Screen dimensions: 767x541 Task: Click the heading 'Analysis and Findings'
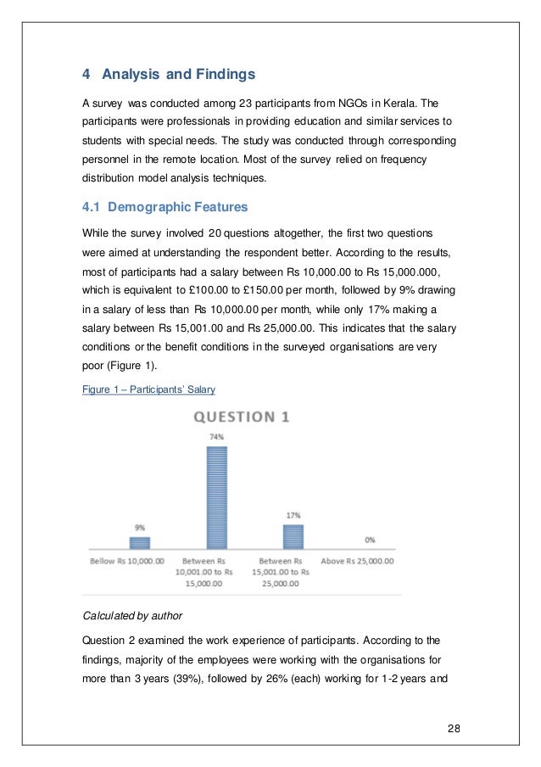click(177, 75)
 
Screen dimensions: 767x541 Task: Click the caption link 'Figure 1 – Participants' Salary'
click(148, 389)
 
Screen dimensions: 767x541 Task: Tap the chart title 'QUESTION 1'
click(246, 417)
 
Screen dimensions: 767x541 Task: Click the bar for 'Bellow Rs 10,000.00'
click(140, 543)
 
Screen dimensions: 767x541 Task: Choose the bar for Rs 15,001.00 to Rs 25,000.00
click(293, 536)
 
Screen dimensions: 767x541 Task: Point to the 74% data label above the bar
click(218, 437)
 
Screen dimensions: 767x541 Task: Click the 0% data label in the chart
click(369, 540)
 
